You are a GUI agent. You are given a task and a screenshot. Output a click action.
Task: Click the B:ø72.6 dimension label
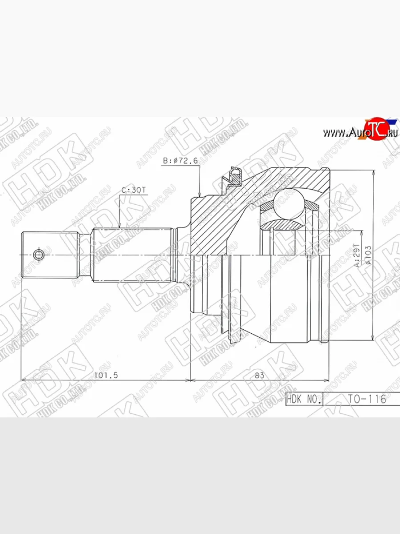180,161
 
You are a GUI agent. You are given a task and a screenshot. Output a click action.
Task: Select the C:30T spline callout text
134,190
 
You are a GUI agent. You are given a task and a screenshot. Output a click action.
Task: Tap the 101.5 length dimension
107,375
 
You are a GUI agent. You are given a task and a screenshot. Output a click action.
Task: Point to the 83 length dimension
260,375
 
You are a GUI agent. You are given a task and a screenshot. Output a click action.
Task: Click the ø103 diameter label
368,256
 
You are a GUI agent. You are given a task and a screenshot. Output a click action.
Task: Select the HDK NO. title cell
304,399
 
